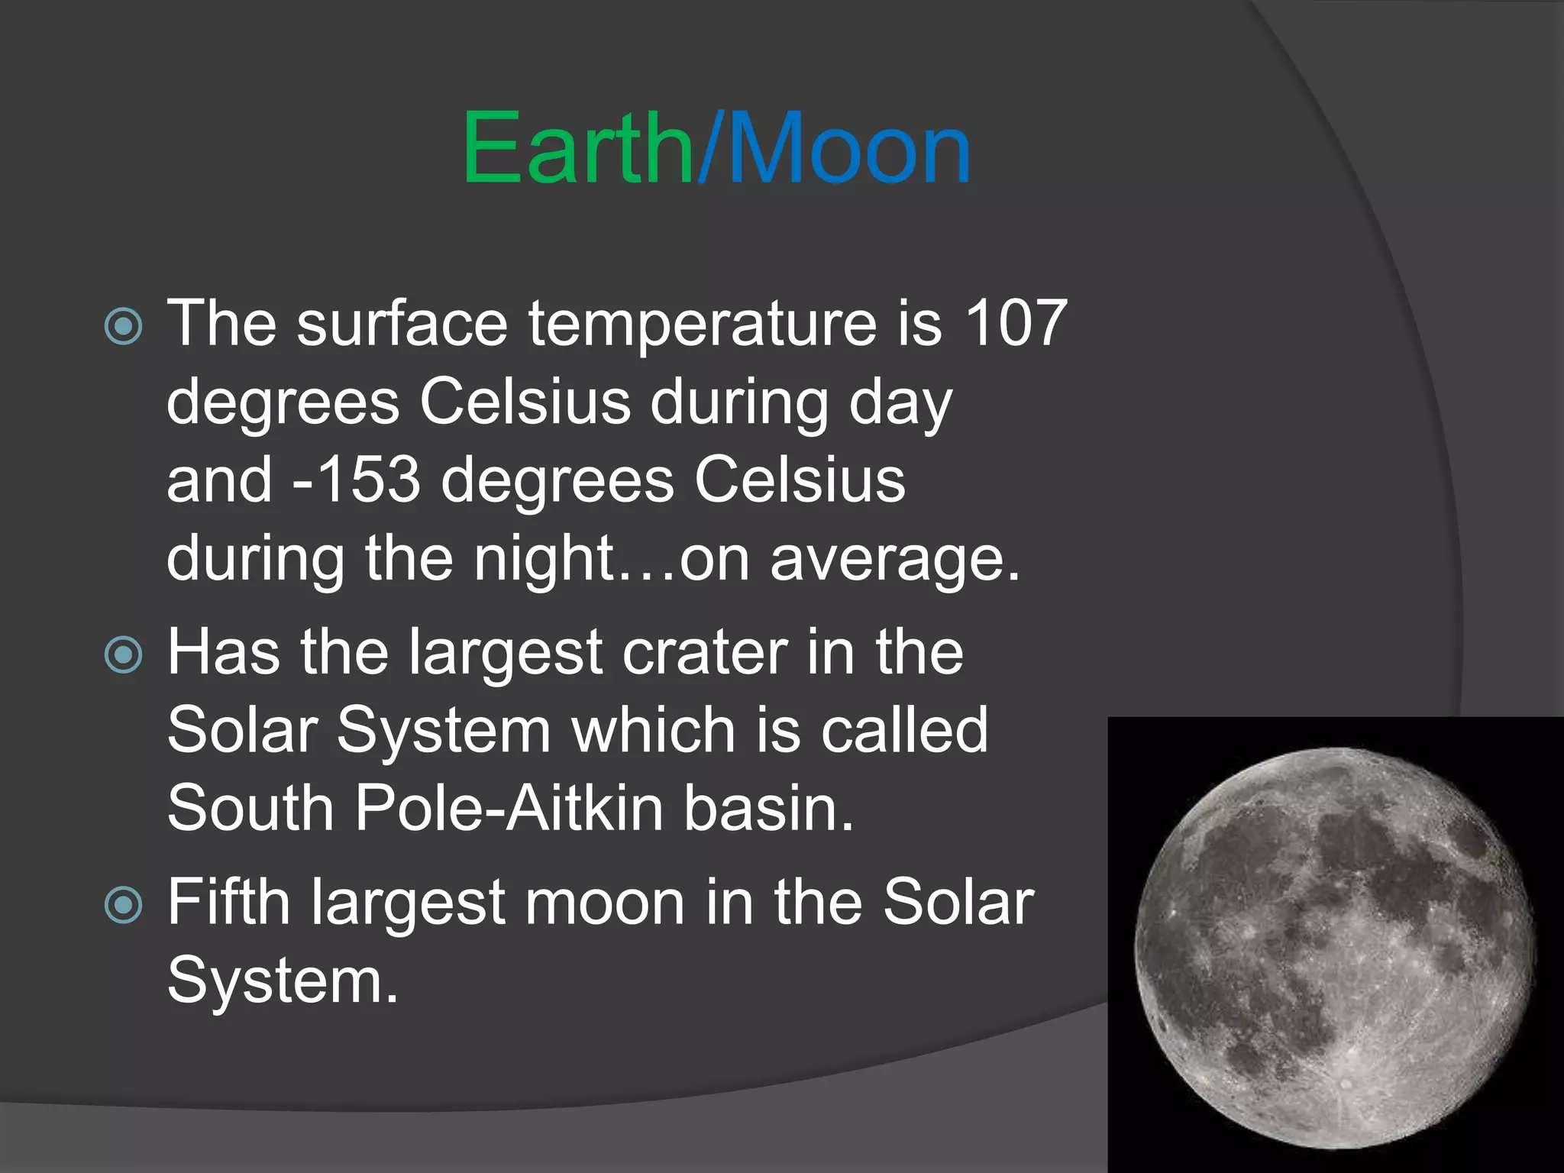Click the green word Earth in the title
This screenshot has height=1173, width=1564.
point(577,149)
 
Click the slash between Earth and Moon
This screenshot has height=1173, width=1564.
point(708,149)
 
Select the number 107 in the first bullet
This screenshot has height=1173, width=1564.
point(1016,324)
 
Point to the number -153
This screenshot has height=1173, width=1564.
point(357,481)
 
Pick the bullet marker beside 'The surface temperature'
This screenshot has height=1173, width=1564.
point(123,327)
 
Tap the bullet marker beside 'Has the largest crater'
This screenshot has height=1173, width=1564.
point(123,655)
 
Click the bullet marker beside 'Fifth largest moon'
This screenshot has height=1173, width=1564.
point(123,906)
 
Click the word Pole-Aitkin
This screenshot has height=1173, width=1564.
point(509,809)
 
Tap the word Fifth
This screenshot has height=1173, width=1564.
point(228,903)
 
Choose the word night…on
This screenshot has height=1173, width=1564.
point(611,560)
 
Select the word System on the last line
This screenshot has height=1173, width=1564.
point(283,983)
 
